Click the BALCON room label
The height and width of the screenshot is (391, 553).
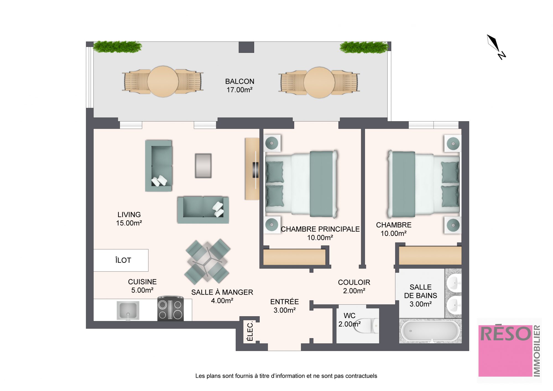239,81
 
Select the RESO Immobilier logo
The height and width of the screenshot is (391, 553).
509,351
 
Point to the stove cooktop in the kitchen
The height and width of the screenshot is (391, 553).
170,309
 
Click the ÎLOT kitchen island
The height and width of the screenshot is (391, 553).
121,260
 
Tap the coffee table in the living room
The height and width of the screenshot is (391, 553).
203,166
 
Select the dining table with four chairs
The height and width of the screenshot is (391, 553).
207,261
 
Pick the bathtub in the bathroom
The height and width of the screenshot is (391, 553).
430,331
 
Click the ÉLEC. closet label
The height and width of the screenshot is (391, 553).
250,331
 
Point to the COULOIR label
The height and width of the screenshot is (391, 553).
354,282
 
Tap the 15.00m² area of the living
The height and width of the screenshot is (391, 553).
129,223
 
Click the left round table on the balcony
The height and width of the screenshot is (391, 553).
163,81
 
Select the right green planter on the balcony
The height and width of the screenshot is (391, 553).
364,47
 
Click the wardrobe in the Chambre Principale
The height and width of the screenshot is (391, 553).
294,257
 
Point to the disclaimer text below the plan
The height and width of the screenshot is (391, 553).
286,376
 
